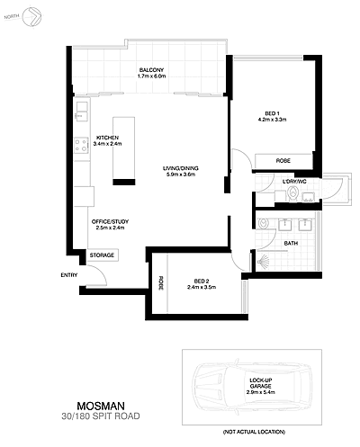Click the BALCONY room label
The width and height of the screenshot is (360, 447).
click(151, 71)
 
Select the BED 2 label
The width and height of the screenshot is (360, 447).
click(199, 282)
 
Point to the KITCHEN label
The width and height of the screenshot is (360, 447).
click(107, 138)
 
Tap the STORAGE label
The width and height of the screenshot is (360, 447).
click(102, 255)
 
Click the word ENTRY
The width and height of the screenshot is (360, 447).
click(69, 275)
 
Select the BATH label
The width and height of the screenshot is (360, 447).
click(291, 243)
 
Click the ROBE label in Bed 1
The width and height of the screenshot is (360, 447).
click(283, 160)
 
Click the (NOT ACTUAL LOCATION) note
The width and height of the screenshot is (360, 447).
click(261, 434)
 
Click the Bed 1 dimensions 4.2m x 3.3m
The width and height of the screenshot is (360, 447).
click(271, 120)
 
